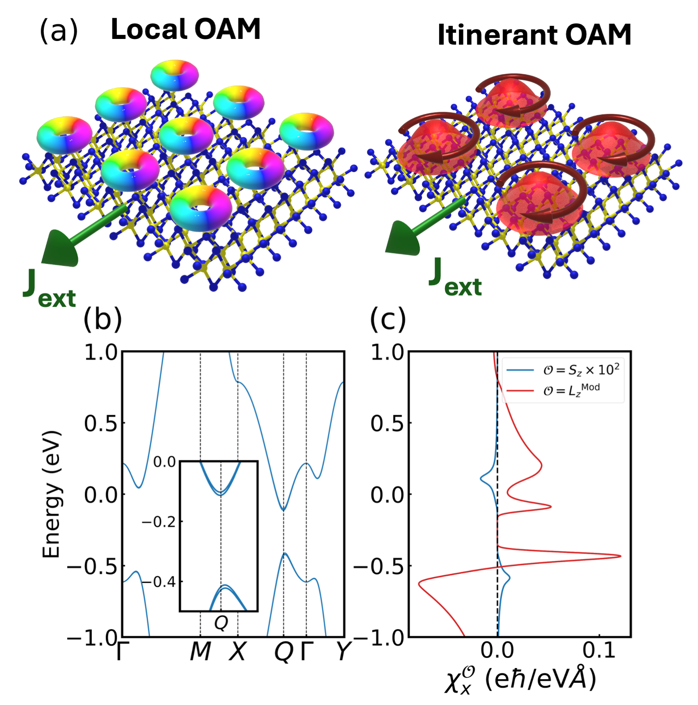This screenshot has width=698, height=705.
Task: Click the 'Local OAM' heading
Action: [185, 30]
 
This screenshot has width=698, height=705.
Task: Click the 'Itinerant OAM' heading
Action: [534, 35]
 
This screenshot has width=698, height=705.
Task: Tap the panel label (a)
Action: [58, 31]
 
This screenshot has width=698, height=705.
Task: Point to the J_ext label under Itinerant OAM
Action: [455, 279]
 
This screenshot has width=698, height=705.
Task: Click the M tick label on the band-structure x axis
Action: [201, 651]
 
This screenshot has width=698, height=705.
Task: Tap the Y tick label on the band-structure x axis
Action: [344, 651]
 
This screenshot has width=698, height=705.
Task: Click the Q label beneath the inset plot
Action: [221, 623]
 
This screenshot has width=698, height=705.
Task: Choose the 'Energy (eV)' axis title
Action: [52, 494]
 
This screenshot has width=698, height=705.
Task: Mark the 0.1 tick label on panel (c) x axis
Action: [599, 651]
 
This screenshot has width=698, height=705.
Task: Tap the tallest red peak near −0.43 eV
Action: [619, 556]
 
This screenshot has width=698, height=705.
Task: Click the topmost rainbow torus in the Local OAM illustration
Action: [175, 75]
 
